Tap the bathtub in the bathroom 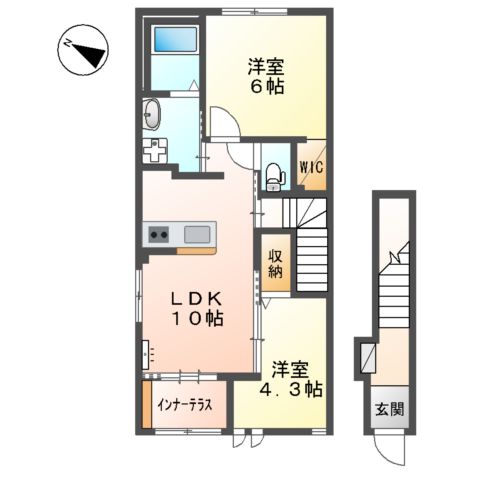pos(174,44)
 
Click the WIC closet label pos(310,168)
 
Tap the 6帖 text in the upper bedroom pos(266,86)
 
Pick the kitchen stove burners pos(160,235)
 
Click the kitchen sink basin pos(197,235)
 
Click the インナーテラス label pos(186,407)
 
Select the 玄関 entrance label pos(391,408)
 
